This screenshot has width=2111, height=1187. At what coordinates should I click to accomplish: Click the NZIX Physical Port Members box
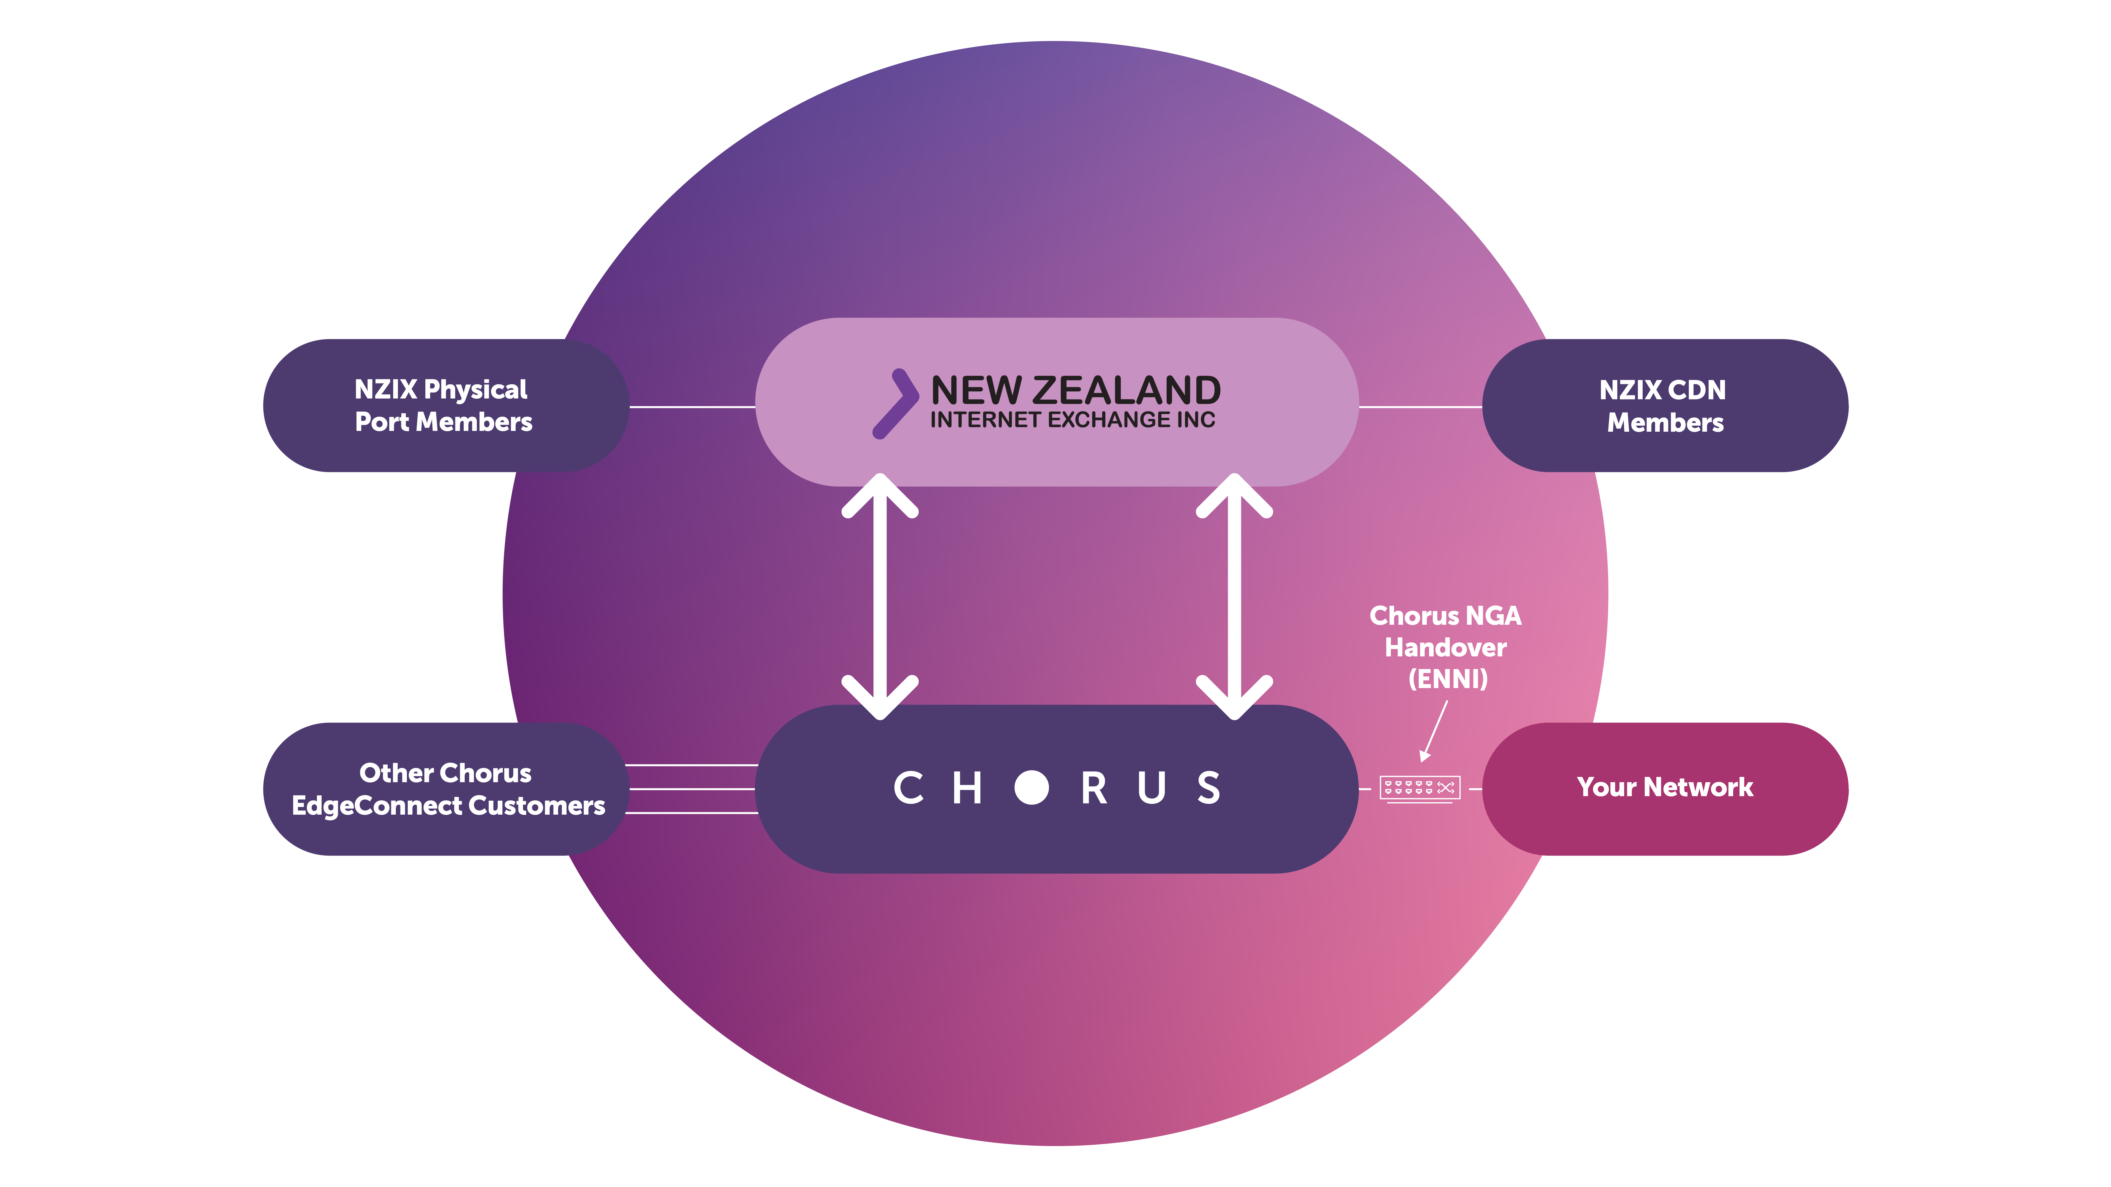(446, 406)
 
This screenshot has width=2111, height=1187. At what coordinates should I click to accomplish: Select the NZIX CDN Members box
(1665, 406)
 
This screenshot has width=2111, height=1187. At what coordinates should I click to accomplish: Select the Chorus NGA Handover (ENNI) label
(1446, 647)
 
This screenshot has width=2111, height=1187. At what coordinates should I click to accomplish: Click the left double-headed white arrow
(880, 596)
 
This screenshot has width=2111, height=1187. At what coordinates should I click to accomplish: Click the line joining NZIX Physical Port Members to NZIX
(692, 406)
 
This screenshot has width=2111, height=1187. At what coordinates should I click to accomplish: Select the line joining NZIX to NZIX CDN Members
(1420, 406)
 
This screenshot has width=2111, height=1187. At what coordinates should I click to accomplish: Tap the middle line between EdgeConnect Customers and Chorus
(692, 789)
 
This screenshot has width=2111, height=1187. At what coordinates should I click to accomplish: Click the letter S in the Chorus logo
(1209, 788)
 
